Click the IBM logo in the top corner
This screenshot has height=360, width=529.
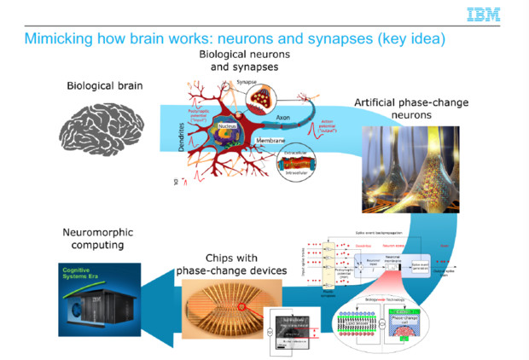click(484, 15)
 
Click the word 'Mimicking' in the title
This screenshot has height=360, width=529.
click(61, 39)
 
